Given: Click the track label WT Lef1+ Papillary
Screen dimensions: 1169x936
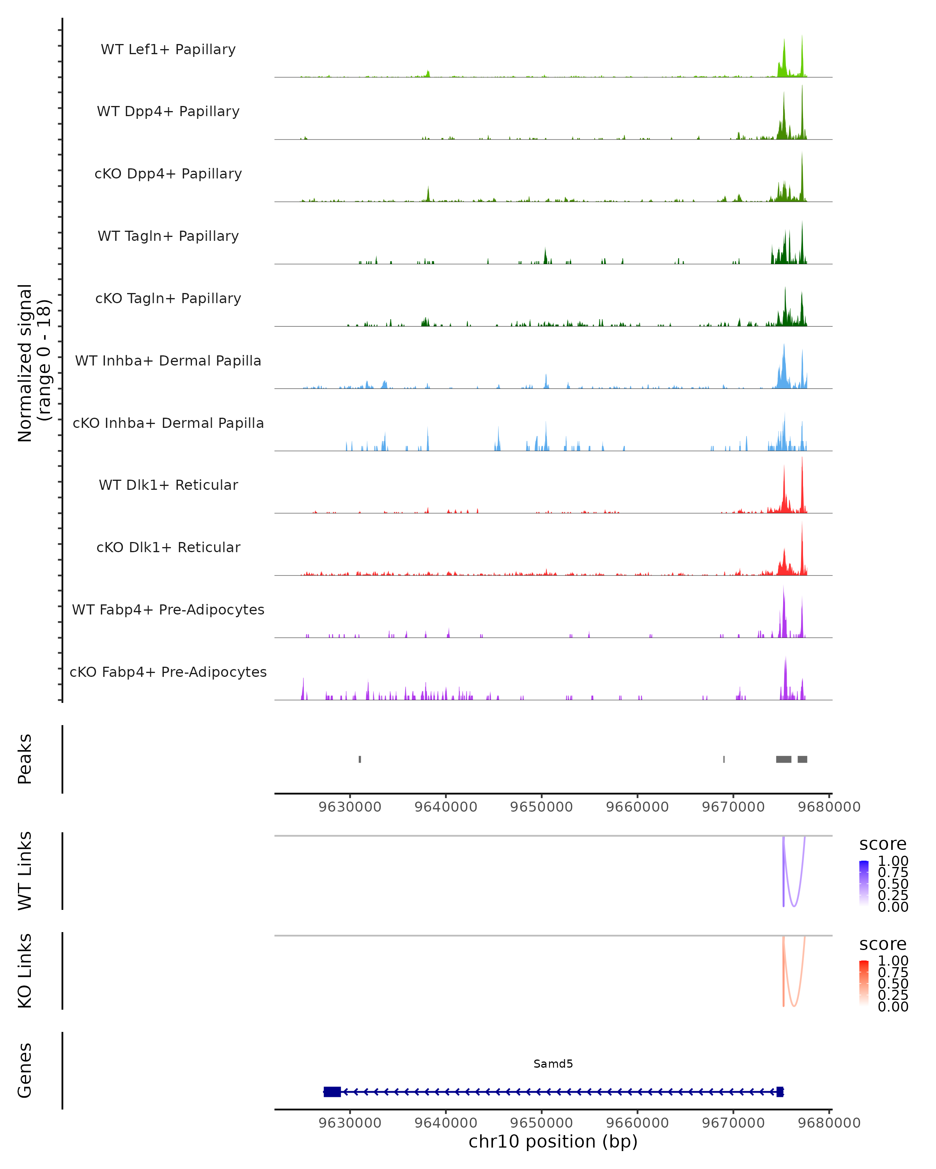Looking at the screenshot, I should [x=168, y=49].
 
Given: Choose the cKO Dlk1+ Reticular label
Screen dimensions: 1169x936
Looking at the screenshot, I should [x=168, y=547].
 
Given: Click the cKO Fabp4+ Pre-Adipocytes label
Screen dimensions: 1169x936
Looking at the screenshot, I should [x=168, y=672].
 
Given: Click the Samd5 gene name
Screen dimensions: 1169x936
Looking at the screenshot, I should [x=553, y=1064].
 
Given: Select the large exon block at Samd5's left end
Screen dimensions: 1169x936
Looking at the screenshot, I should [x=332, y=1092].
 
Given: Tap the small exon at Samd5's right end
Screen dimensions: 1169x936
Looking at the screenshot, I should [x=780, y=1092].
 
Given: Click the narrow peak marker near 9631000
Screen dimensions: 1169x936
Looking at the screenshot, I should [x=360, y=759].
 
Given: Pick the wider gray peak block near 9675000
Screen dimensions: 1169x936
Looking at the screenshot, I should [x=784, y=759].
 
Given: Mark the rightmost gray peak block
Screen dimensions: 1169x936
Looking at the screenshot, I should [x=803, y=759].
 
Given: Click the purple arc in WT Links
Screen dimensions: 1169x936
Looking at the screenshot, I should [x=794, y=906].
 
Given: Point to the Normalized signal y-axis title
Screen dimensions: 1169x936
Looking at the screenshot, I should [x=34, y=363].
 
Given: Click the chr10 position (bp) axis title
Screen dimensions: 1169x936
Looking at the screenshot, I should [x=553, y=1141].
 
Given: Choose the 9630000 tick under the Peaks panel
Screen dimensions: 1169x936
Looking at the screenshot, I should [x=350, y=807].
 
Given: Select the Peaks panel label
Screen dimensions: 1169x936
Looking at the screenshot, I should [x=25, y=759].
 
